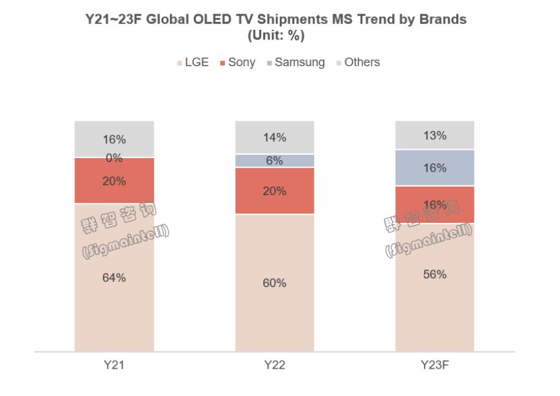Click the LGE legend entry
(192, 63)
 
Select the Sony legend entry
(237, 63)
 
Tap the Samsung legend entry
(296, 63)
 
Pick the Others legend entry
(358, 63)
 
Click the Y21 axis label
(114, 366)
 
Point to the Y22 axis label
(275, 366)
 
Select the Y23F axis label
(435, 366)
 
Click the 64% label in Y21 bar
(114, 277)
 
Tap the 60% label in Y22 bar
(275, 283)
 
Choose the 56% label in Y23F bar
(435, 274)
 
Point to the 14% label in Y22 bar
(275, 137)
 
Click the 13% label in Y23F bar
(435, 135)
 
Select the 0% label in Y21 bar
(114, 158)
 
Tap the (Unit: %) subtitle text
(276, 36)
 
